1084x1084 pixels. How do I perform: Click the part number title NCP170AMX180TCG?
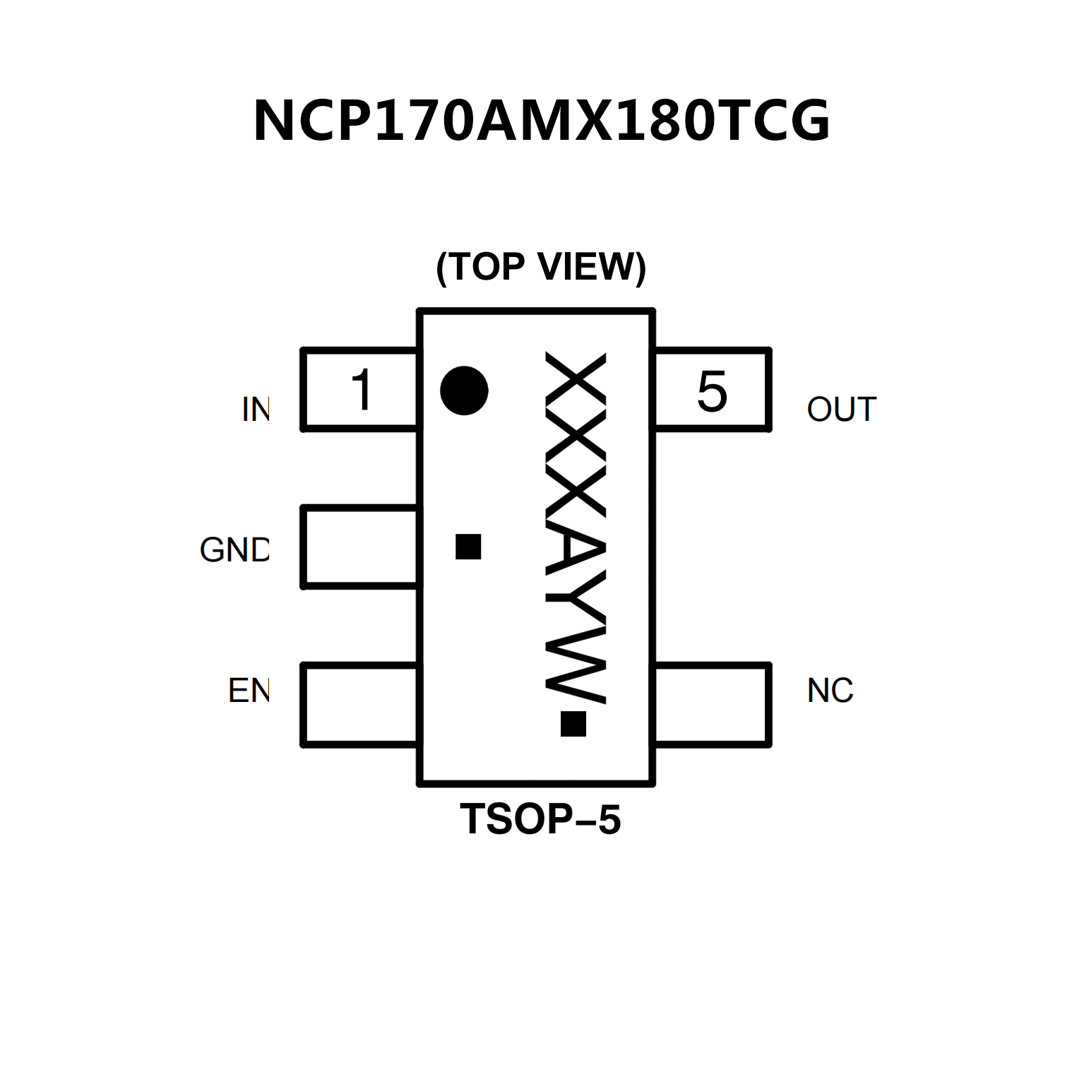542,121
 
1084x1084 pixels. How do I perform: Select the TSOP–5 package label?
540,819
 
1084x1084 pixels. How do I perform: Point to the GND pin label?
234,550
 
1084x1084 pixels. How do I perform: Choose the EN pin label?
249,691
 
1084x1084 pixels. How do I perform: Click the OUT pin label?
841,410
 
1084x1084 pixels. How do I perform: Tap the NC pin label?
830,691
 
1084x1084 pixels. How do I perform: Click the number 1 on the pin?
362,389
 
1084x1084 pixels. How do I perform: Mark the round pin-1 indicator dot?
464,391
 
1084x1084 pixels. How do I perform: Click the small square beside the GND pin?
468,547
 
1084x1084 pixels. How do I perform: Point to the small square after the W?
573,724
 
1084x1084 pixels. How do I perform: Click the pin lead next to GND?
360,547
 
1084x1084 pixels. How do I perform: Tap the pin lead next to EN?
360,704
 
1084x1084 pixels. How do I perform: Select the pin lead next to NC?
711,704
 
